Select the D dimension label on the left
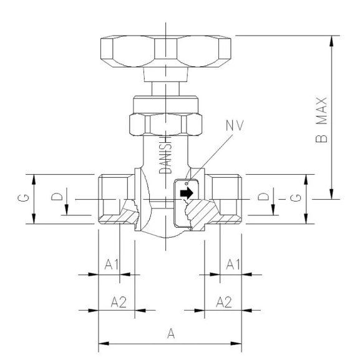57,198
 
